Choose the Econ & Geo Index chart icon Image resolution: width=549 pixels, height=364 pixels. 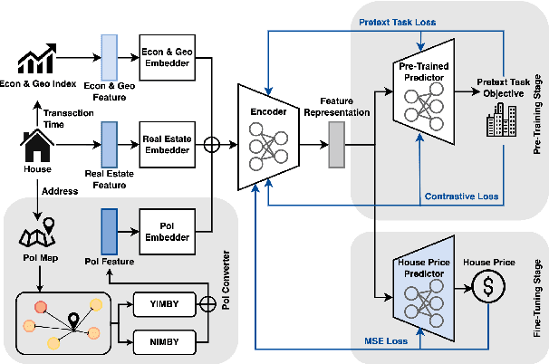tap(37, 60)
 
